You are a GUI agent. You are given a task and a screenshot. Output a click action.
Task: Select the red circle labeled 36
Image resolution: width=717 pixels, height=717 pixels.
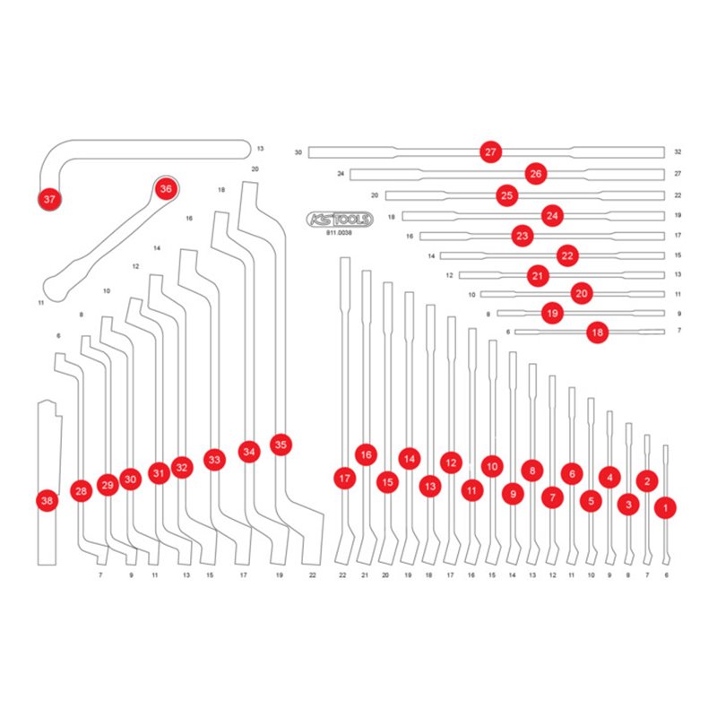(165, 189)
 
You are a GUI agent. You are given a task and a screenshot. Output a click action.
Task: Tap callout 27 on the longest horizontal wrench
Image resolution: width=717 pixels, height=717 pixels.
(489, 152)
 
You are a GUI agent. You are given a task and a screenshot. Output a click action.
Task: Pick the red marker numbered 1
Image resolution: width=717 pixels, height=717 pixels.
(665, 507)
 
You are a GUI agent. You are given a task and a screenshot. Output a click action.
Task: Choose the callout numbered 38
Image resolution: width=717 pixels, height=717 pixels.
(47, 501)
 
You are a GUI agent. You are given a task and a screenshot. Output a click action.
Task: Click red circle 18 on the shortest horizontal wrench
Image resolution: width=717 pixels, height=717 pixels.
(598, 333)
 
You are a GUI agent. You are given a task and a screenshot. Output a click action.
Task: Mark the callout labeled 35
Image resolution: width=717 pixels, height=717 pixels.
(281, 444)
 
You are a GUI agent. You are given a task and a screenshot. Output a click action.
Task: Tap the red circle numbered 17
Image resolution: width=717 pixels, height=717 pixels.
(344, 479)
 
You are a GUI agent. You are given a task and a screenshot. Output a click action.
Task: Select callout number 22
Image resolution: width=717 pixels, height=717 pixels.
(566, 255)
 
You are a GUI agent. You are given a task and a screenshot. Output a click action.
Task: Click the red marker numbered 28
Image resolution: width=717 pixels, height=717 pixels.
(82, 491)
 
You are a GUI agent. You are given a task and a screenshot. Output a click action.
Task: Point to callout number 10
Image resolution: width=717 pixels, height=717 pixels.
(491, 465)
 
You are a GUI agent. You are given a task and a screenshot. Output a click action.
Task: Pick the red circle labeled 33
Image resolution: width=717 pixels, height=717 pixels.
(213, 459)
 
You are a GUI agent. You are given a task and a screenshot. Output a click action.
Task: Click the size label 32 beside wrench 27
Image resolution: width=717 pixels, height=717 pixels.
(678, 152)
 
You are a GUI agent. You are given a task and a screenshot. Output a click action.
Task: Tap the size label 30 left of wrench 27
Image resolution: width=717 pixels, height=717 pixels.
(298, 152)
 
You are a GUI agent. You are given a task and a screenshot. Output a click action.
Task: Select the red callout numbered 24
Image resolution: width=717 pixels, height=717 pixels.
(552, 215)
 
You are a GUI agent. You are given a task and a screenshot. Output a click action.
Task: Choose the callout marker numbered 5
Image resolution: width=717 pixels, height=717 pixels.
(591, 501)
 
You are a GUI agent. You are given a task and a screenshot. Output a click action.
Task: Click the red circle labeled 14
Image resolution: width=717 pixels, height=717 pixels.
(410, 459)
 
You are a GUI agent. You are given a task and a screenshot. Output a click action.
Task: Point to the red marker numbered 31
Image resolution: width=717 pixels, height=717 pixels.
(159, 473)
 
